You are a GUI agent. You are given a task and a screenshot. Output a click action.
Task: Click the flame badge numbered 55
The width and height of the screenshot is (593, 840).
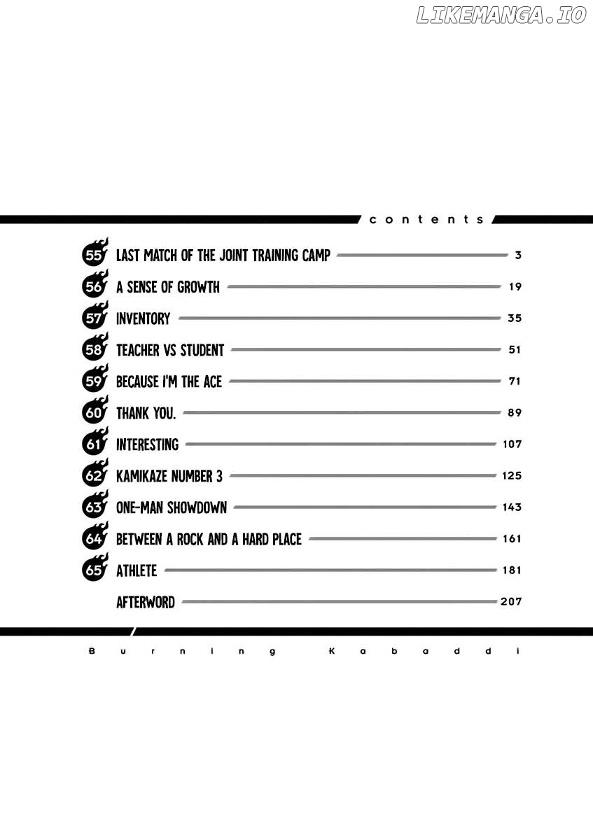point(95,253)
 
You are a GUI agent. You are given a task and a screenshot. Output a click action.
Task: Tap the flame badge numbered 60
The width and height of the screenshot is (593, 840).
point(95,411)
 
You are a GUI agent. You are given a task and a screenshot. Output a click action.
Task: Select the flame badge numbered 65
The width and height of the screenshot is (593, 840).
point(95,568)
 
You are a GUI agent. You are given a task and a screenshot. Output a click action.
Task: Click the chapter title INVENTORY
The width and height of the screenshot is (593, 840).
point(143,318)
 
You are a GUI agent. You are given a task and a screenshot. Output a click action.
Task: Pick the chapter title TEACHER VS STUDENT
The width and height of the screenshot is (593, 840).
point(170,350)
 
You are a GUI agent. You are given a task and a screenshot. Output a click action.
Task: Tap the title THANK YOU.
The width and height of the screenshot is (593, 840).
point(146,413)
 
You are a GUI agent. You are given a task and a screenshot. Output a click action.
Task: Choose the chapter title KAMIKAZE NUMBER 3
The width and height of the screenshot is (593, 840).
point(169,476)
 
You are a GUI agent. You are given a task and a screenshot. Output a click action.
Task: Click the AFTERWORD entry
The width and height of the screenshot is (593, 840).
point(146,602)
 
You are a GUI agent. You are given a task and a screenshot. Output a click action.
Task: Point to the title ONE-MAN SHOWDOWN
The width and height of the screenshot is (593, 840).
point(172,507)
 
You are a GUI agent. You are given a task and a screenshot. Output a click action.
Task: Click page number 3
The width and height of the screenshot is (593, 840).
point(518,255)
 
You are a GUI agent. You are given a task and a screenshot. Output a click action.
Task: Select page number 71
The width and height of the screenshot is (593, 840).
point(515,381)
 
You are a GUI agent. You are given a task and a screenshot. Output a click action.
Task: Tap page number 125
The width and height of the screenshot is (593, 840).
point(512,475)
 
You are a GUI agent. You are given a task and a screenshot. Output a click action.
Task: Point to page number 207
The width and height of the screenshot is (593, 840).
point(511,601)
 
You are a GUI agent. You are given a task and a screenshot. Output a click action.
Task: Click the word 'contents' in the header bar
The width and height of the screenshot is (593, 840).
point(426,219)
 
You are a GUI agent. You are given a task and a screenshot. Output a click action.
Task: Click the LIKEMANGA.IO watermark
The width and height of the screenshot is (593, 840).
point(501,15)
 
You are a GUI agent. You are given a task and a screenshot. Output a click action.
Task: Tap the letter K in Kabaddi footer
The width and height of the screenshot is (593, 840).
point(332,651)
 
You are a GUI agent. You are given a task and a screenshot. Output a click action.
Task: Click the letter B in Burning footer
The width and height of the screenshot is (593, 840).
point(92,651)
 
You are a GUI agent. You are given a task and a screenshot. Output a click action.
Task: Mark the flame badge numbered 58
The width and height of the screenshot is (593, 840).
point(95,348)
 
